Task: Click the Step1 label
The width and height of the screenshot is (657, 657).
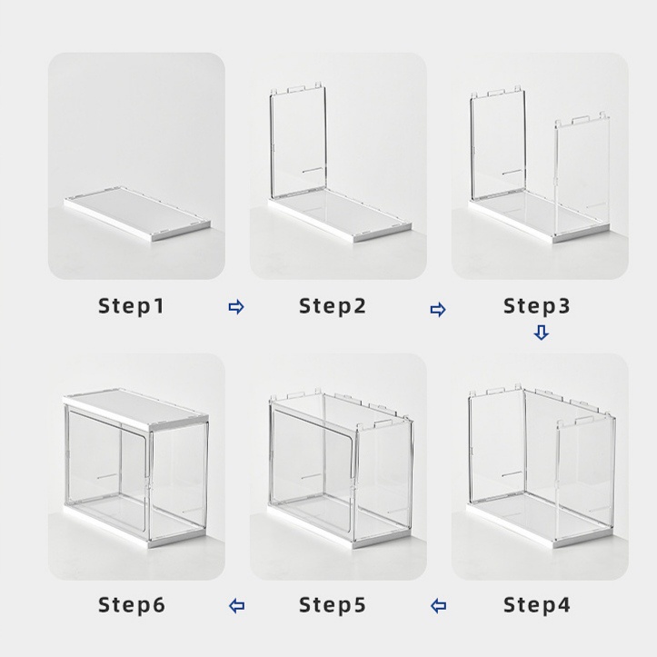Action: tap(131, 306)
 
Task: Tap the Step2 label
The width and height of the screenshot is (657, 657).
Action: tap(333, 306)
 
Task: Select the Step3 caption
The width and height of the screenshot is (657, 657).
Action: tap(537, 306)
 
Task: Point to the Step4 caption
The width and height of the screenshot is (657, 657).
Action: tap(537, 604)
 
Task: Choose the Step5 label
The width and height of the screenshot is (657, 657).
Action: tap(333, 604)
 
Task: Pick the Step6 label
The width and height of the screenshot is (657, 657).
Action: tap(132, 604)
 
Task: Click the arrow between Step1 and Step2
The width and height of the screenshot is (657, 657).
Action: tap(236, 307)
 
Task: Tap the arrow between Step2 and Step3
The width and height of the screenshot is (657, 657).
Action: tap(438, 310)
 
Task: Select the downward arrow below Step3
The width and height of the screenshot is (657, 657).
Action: tap(541, 333)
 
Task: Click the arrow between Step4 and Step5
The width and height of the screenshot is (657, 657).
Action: tap(438, 606)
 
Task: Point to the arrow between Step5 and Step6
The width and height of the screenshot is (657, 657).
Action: tap(237, 606)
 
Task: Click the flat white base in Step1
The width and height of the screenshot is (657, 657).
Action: tap(137, 214)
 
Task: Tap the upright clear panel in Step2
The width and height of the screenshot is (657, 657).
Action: tap(298, 143)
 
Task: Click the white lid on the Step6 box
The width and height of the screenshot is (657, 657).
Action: tap(135, 409)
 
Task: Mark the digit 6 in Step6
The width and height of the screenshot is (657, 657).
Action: tap(159, 604)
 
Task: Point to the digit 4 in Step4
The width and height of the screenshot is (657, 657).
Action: tap(564, 604)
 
